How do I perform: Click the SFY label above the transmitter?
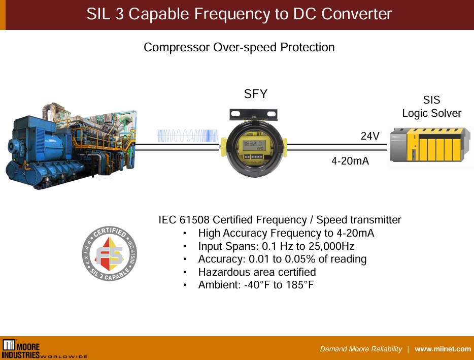[255, 94]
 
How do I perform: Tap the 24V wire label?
[370, 136]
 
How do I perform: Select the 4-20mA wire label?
[350, 161]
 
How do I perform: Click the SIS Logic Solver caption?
[431, 107]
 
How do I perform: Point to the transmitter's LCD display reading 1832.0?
[252, 145]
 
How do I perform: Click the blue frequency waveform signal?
[188, 136]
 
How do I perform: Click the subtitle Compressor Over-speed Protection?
[239, 47]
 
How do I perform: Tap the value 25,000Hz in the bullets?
[331, 246]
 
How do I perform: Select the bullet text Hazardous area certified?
[257, 272]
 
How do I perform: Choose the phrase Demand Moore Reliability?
[361, 349]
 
